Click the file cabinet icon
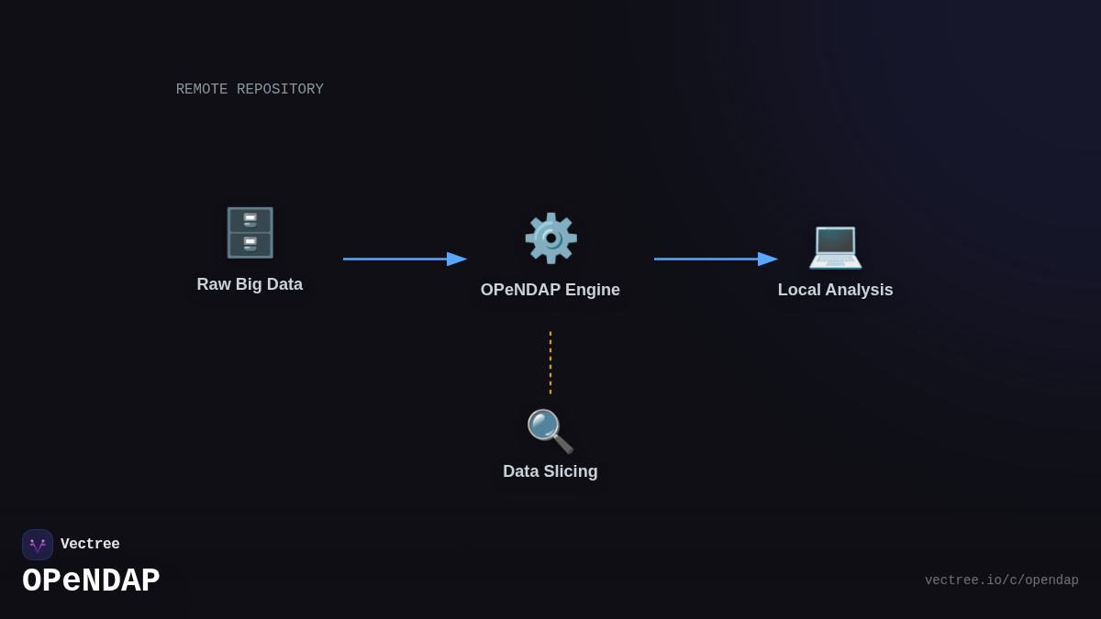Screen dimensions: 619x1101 pyautogui.click(x=250, y=233)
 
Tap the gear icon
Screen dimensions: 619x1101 pyautogui.click(x=550, y=238)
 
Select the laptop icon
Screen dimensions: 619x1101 pyautogui.click(x=835, y=246)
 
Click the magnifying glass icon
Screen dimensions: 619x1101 pyautogui.click(x=550, y=431)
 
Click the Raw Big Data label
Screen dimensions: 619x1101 pyautogui.click(x=250, y=284)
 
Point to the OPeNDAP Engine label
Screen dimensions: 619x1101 pyautogui.click(x=550, y=290)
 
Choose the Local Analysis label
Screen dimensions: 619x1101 pyautogui.click(x=835, y=290)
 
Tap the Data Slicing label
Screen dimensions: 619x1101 pyautogui.click(x=550, y=471)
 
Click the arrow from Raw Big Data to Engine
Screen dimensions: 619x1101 pyautogui.click(x=404, y=259)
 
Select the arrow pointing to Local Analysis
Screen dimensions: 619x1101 pyautogui.click(x=716, y=259)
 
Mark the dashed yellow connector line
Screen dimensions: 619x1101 pyautogui.click(x=550, y=362)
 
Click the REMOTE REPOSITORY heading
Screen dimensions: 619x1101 pyautogui.click(x=250, y=90)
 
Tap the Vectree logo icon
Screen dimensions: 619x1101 pyautogui.click(x=38, y=545)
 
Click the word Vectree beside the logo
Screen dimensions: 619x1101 pyautogui.click(x=90, y=545)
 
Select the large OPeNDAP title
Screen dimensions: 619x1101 pyautogui.click(x=91, y=581)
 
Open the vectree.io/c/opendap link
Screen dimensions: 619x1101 pyautogui.click(x=1001, y=580)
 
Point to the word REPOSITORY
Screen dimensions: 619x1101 pyautogui.click(x=280, y=90)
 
